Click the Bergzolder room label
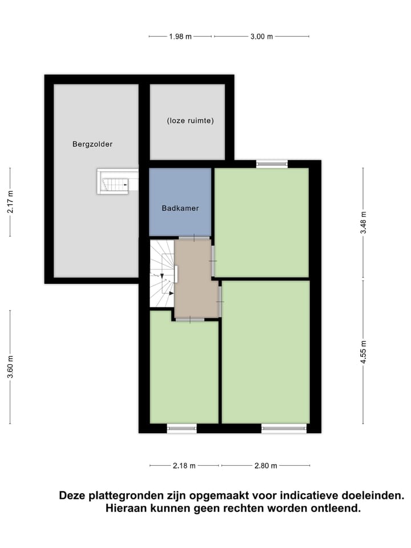click(x=92, y=144)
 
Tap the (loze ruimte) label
click(x=190, y=121)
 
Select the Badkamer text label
click(x=180, y=208)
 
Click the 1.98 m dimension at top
click(x=180, y=37)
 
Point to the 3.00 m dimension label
click(x=261, y=37)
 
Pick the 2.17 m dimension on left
click(x=10, y=202)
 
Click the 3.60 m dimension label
click(x=10, y=367)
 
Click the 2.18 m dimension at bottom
click(x=184, y=466)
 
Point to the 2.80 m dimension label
click(x=265, y=466)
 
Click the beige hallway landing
click(x=195, y=278)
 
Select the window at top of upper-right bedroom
click(x=272, y=164)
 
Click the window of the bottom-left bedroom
click(x=182, y=428)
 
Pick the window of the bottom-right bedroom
click(x=284, y=428)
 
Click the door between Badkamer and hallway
click(x=194, y=237)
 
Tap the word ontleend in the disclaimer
click(x=336, y=508)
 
